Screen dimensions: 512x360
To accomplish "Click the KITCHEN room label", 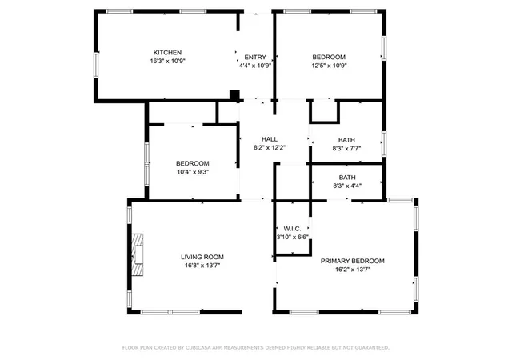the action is point(167,53).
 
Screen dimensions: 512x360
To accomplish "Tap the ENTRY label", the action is point(255,58).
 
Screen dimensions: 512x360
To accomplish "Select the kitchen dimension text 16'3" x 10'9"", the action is point(167,61).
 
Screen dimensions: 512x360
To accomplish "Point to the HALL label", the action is point(270,139).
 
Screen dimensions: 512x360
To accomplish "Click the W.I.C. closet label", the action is point(292,229).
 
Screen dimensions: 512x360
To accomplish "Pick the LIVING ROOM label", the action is point(202,257).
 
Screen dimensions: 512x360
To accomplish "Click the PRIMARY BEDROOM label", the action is point(352,261).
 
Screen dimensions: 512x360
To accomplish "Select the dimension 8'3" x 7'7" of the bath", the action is point(346,149).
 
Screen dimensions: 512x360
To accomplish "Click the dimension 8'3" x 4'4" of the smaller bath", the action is point(347,186).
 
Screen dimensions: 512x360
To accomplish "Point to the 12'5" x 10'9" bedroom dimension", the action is point(329,66).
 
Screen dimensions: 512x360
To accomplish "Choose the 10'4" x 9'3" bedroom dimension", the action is point(193,172).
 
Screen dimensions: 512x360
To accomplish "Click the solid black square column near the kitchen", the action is point(234,95).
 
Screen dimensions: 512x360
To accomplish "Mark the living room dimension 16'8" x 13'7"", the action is point(202,266).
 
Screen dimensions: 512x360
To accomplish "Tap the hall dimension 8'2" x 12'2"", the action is point(270,148).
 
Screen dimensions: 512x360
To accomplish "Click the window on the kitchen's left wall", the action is point(96,66).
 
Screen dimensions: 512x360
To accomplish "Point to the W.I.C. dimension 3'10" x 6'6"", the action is point(292,237).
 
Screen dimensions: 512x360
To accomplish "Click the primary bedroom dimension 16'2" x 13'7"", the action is point(353,270).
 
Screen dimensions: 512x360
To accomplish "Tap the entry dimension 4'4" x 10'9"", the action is point(255,66).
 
